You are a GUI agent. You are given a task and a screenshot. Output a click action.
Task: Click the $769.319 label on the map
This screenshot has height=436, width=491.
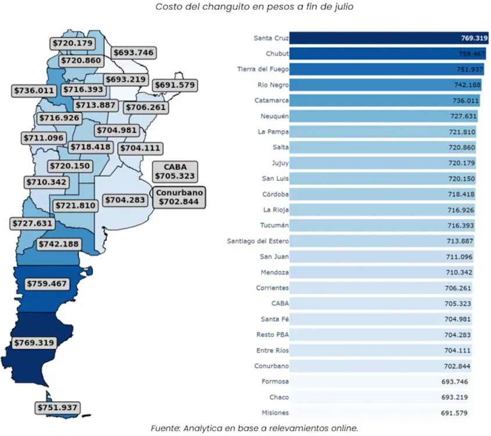point(34,343)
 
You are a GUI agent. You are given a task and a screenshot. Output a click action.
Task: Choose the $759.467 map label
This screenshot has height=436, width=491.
point(47,284)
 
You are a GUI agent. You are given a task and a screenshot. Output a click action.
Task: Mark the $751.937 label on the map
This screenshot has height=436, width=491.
point(57,408)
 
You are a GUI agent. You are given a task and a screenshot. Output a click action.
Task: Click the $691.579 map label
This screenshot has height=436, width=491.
point(175,85)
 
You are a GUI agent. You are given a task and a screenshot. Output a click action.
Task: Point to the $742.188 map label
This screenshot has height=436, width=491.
point(59,244)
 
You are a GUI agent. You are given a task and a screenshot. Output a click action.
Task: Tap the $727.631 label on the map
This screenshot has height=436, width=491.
point(32,223)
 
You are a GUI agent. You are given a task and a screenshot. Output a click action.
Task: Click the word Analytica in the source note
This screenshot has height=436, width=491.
point(209,428)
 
